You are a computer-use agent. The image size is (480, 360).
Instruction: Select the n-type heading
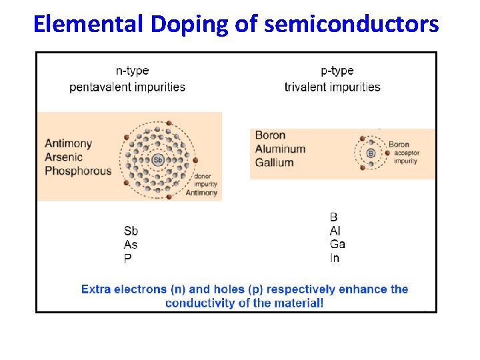[x=132, y=71]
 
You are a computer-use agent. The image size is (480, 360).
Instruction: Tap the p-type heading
[x=337, y=71]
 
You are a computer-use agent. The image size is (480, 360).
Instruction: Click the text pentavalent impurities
[x=127, y=87]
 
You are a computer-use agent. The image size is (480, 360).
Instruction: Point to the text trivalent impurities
[x=332, y=87]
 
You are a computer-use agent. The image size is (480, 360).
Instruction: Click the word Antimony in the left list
[x=68, y=143]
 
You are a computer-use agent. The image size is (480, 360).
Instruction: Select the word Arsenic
[x=64, y=157]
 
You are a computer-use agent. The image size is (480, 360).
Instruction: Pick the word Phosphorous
[x=78, y=171]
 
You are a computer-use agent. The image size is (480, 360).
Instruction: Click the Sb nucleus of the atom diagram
[x=158, y=160]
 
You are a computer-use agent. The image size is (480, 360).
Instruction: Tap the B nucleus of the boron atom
[x=371, y=153]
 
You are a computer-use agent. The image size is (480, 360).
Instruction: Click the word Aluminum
[x=280, y=149]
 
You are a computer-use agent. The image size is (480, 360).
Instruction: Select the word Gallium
[x=274, y=163]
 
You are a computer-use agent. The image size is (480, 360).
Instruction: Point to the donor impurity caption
[x=203, y=181]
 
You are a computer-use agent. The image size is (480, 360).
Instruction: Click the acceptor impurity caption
[x=406, y=157]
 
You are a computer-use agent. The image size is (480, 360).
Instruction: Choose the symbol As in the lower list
[x=131, y=245]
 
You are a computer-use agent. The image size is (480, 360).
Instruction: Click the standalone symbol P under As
[x=127, y=259]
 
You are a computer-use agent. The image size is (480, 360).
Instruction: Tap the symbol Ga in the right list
[x=337, y=245]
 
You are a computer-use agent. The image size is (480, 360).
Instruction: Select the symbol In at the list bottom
[x=334, y=259]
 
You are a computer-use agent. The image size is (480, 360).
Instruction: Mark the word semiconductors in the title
[x=351, y=24]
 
